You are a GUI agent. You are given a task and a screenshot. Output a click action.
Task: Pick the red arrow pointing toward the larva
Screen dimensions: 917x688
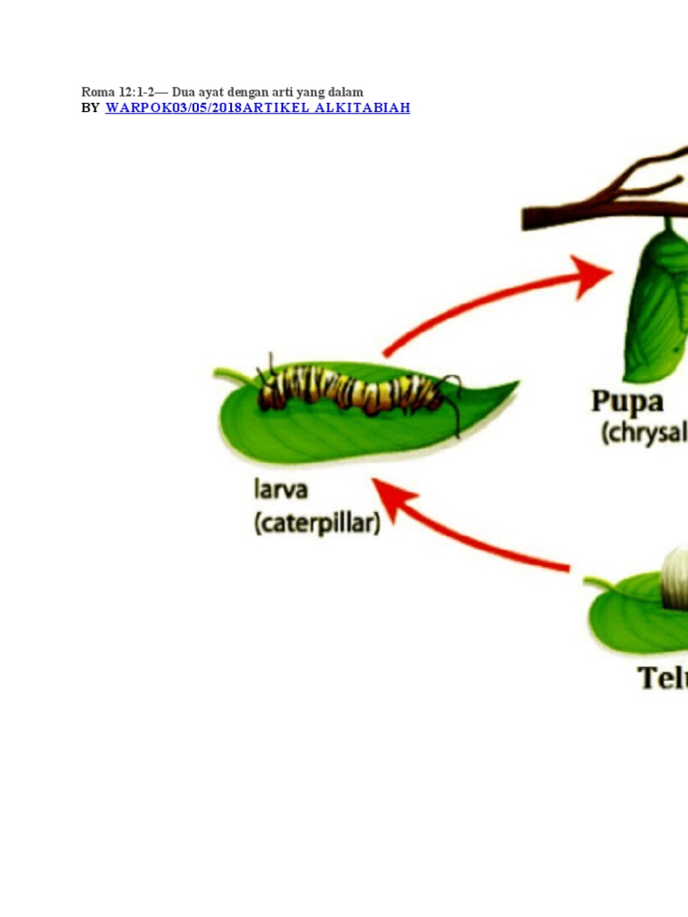click(466, 528)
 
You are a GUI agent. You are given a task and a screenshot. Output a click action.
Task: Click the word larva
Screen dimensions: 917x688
click(279, 491)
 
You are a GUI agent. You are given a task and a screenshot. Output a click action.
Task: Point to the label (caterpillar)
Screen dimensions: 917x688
click(316, 523)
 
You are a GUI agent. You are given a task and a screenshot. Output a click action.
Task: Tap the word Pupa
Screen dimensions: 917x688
click(626, 400)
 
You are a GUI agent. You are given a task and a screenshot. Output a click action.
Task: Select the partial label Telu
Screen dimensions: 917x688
click(663, 678)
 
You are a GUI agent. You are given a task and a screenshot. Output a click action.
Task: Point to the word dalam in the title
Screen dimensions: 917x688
click(346, 92)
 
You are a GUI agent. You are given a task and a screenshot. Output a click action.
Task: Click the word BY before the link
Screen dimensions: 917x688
click(90, 107)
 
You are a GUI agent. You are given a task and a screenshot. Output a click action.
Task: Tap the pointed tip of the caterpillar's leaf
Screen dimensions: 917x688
click(514, 385)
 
